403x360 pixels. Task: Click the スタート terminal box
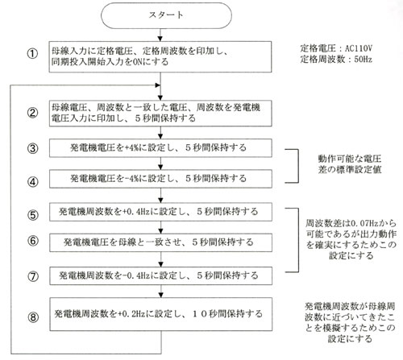166,15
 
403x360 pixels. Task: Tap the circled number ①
32,54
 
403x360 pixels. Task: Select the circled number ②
32,113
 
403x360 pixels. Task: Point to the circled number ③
32,148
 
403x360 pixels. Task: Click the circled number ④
32,182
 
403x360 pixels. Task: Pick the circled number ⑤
32,215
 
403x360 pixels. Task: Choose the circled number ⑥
32,241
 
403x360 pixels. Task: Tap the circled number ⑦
33,276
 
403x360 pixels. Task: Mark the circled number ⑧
33,317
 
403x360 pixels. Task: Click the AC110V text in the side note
359,48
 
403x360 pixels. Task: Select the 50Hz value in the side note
364,60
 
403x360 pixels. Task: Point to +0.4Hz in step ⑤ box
136,212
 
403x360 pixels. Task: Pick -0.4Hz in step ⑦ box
136,275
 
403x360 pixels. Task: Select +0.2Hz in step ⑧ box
131,313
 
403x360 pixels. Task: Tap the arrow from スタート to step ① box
160,35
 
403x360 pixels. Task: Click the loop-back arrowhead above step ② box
158,85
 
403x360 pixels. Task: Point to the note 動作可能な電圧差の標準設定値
350,164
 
